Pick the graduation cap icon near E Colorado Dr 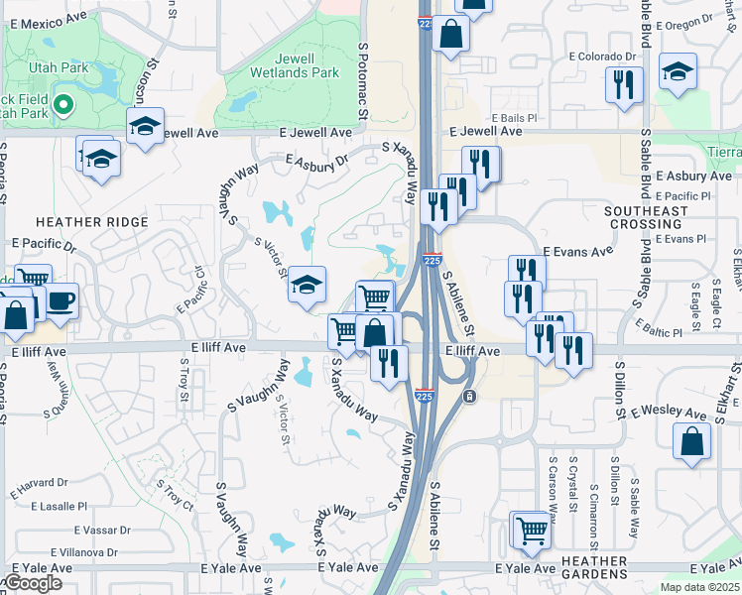point(678,71)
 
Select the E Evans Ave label point(577,252)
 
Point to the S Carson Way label point(553,489)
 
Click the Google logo point(32,583)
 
